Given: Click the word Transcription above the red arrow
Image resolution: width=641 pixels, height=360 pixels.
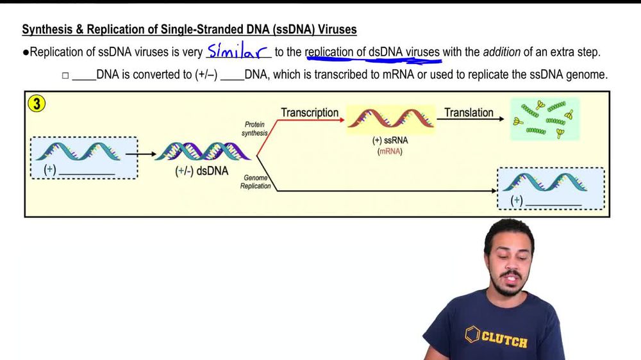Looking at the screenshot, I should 310,113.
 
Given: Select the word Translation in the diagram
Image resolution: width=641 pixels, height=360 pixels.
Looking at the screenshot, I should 469,113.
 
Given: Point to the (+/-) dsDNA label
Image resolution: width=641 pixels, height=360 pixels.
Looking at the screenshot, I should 201,171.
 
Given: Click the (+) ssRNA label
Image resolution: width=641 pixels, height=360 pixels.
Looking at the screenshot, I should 390,140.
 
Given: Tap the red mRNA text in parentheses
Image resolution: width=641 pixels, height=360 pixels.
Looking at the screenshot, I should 390,152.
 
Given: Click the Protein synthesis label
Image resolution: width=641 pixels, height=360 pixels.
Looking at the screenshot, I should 254,128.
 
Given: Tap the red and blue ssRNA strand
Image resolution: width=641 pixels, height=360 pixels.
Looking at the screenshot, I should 390,119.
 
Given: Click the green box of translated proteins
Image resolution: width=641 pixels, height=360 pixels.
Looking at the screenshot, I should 545,119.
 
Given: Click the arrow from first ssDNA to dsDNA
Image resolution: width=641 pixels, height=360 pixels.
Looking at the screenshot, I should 141,154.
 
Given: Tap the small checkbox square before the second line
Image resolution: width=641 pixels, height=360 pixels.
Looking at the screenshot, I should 65,76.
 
